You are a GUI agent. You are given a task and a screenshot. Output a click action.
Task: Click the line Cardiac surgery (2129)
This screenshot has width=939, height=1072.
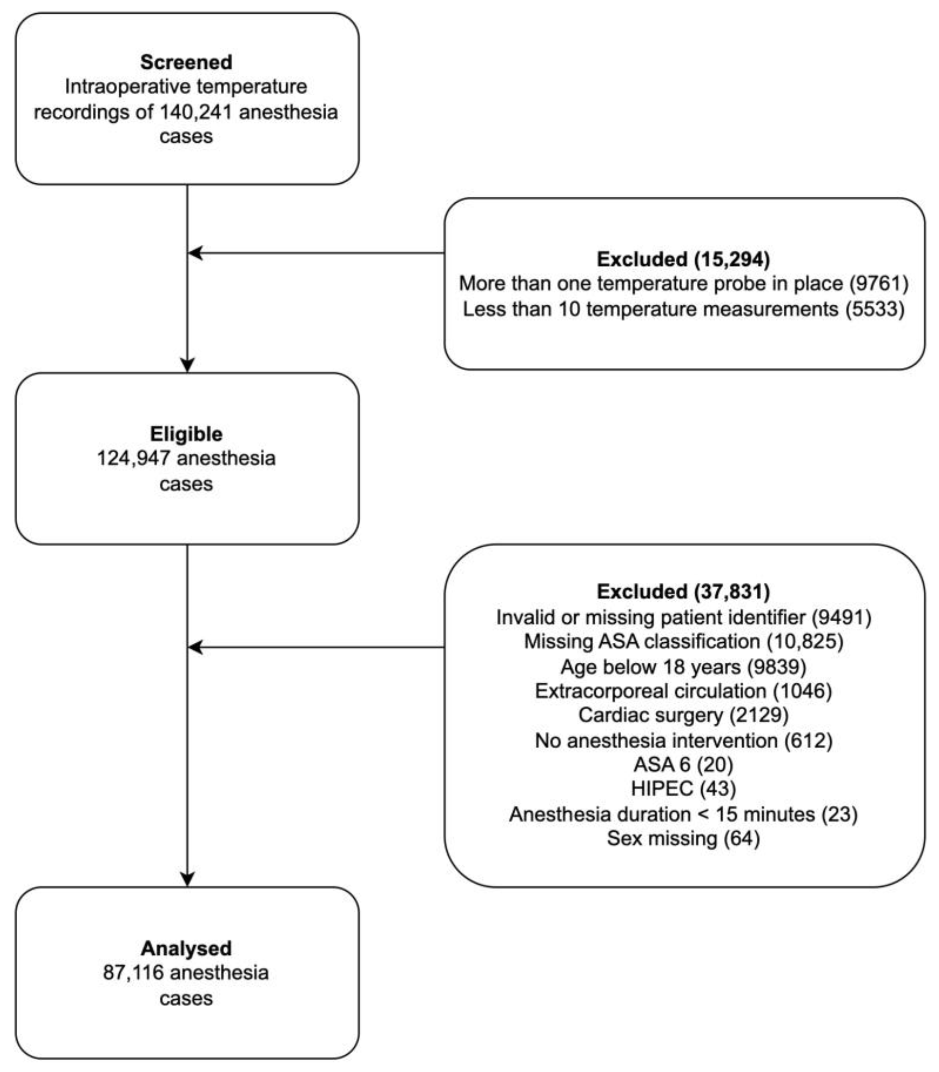point(683,715)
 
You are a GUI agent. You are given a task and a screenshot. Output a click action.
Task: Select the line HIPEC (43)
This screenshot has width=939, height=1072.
point(683,788)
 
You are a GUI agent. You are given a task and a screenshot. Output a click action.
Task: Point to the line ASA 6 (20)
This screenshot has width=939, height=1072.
point(683,765)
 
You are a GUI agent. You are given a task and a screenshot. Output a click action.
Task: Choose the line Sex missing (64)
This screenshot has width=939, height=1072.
point(683,839)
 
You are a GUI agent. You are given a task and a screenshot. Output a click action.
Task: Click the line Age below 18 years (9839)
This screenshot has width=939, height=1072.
point(683,667)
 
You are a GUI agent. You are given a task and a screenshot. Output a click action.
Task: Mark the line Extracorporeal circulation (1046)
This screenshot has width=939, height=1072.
point(683,691)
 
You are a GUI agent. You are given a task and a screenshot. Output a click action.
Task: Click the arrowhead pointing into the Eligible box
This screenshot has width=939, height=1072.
point(187,365)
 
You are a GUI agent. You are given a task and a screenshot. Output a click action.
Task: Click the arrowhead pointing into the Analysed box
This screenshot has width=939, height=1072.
point(187,879)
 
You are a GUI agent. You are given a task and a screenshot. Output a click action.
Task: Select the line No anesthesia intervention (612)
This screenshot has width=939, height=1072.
point(683,740)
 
